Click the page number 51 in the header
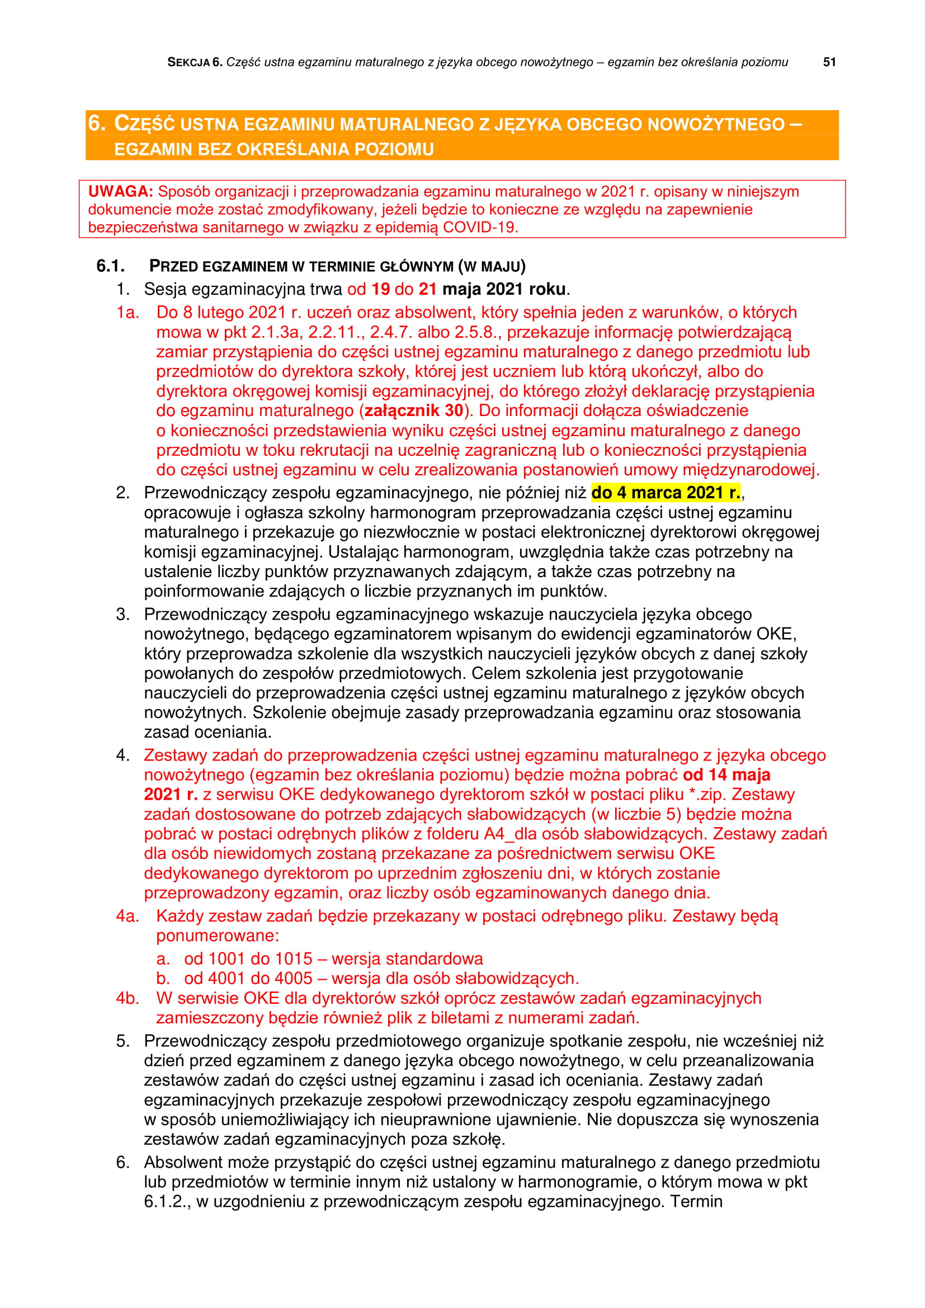(829, 62)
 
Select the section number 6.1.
(110, 266)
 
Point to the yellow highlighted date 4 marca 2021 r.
(666, 492)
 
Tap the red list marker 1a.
(127, 312)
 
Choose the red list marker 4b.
(128, 998)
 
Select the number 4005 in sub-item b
(294, 978)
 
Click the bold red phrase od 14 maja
(726, 775)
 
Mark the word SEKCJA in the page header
(188, 63)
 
